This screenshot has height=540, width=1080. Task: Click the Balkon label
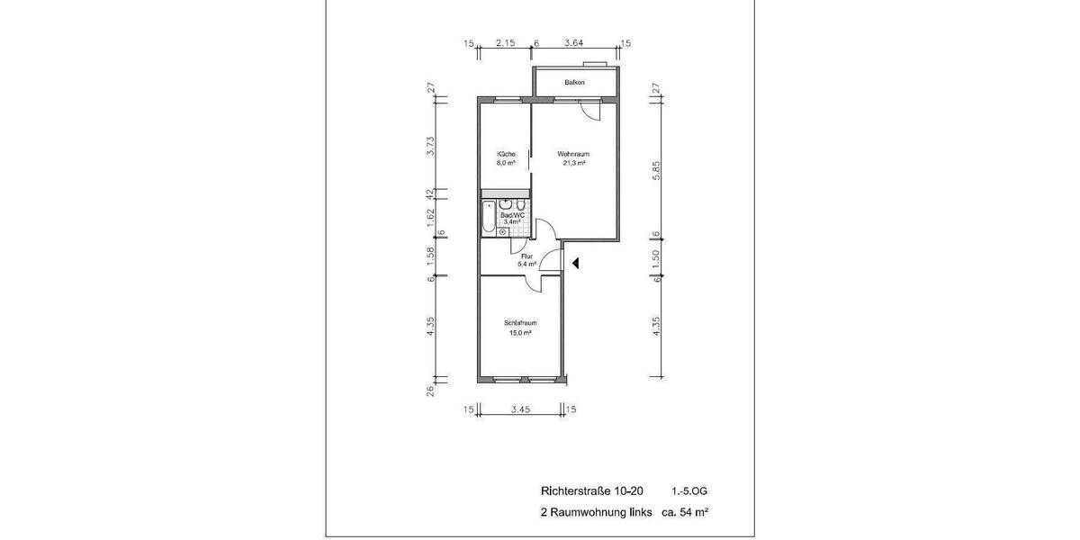coord(574,83)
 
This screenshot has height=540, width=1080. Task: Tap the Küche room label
coord(506,155)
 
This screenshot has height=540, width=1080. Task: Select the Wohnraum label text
coord(573,155)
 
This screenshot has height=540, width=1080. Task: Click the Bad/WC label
coord(512,215)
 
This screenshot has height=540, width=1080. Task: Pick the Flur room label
coord(526,256)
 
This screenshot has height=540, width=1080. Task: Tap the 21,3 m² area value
coord(574,164)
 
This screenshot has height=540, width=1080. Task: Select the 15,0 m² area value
coord(519,333)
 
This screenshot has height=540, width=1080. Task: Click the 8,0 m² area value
coord(506,164)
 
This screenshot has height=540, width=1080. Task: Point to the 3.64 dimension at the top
coord(573,43)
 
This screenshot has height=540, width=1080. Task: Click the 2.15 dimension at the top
coord(505,43)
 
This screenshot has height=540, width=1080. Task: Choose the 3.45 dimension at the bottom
coord(520,409)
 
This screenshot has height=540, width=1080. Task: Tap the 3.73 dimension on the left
coord(431,146)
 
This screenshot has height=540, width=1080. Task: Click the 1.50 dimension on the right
coord(656,256)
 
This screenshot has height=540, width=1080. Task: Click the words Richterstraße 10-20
coord(592,491)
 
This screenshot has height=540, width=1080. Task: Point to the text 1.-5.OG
coord(689,491)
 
